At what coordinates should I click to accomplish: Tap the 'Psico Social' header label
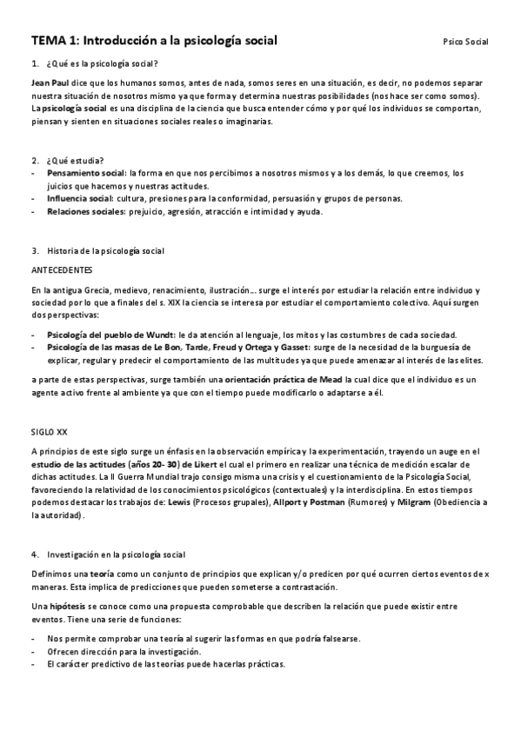click(465, 42)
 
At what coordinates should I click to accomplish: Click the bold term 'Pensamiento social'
click(87, 173)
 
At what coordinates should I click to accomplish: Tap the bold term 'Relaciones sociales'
click(86, 211)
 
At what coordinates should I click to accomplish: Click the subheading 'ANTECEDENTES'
click(57, 269)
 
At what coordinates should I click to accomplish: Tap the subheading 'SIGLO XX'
click(49, 431)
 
